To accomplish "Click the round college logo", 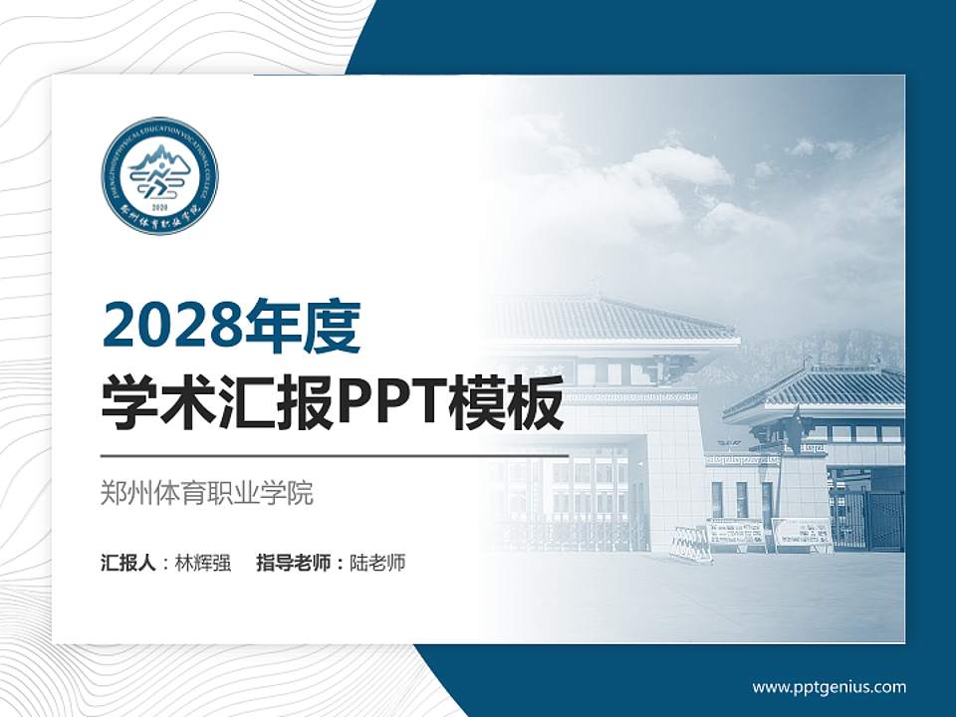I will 159,175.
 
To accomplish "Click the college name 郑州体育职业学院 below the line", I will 207,493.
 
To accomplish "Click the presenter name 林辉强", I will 203,563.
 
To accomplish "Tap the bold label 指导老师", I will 296,563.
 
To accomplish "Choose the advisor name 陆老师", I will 378,563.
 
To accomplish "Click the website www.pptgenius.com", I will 829,686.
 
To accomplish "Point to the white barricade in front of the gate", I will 691,543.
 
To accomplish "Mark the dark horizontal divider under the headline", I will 335,456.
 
